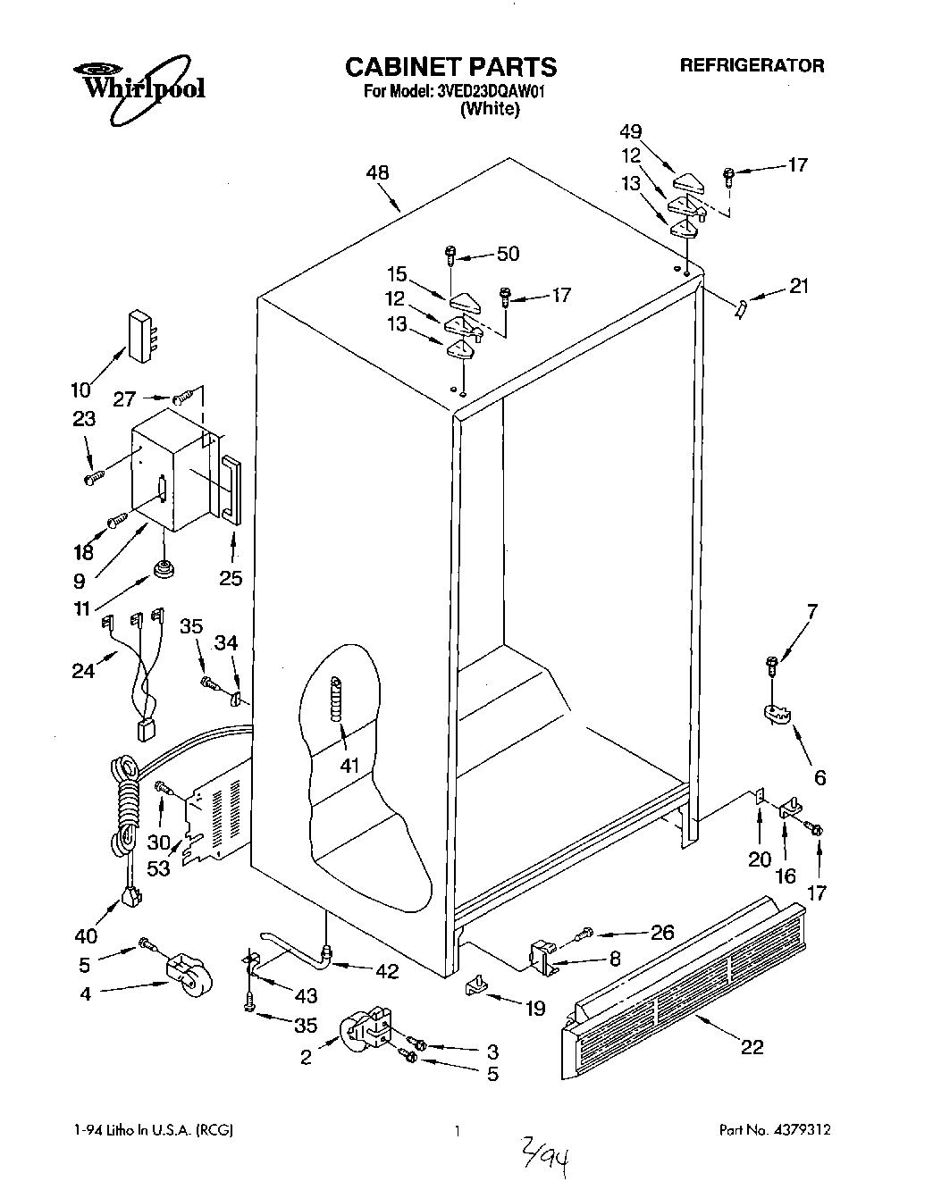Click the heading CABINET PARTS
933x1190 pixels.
pyautogui.click(x=450, y=67)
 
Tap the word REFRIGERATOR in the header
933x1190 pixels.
pyautogui.click(x=752, y=65)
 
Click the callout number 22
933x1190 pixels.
pyautogui.click(x=752, y=1047)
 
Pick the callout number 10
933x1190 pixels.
pyautogui.click(x=81, y=390)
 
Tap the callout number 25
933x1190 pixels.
pyautogui.click(x=231, y=578)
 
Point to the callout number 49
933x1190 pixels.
pyautogui.click(x=631, y=132)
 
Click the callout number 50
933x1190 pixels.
pyautogui.click(x=508, y=254)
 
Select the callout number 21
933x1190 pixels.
pyautogui.click(x=798, y=287)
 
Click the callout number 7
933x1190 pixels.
pyautogui.click(x=811, y=612)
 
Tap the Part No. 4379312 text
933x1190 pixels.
pyautogui.click(x=775, y=1130)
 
